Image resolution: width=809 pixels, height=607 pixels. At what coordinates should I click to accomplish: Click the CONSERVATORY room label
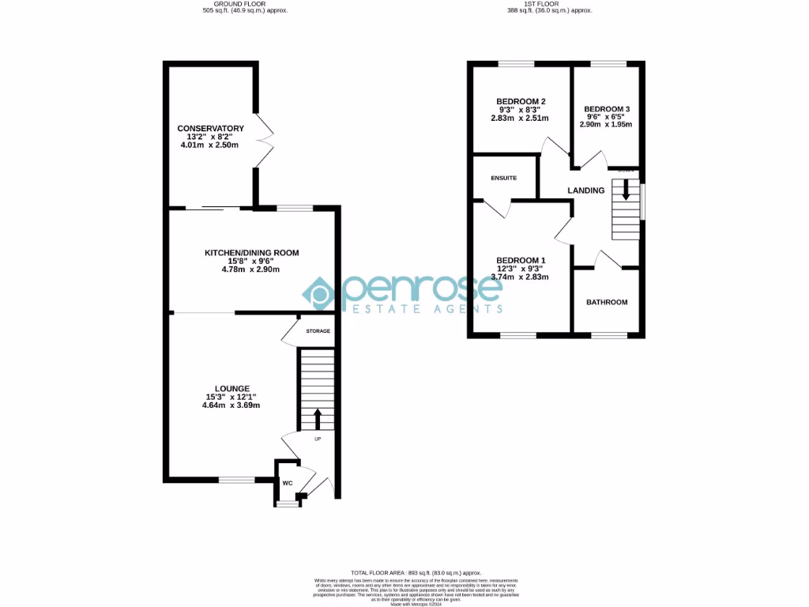(210, 128)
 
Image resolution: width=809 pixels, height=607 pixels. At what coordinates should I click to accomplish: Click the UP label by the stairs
(318, 439)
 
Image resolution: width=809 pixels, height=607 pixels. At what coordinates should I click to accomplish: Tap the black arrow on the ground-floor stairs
(318, 418)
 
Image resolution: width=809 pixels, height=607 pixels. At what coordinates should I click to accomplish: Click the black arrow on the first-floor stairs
(626, 190)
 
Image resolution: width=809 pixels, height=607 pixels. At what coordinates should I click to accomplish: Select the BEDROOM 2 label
(521, 101)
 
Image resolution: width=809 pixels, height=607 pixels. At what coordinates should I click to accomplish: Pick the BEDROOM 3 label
(607, 109)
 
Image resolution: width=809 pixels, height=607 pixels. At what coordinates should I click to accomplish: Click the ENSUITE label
(504, 178)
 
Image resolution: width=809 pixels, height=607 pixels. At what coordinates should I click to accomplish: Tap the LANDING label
(586, 190)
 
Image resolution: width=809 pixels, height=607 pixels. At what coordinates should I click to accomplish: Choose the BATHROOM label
(607, 302)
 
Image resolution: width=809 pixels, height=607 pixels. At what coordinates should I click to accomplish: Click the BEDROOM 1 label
(521, 260)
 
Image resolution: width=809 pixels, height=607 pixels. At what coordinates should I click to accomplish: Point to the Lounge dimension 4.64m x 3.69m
(231, 405)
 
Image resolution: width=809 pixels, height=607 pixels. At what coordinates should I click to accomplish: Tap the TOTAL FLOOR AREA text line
(416, 572)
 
